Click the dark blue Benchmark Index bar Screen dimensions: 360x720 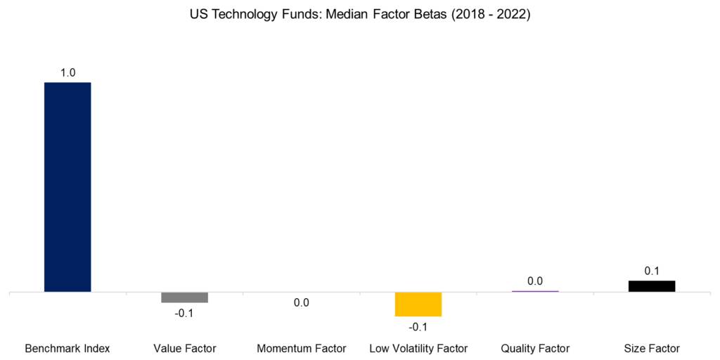coord(67,186)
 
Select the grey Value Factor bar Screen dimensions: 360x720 coord(184,297)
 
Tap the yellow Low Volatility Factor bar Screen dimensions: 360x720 coord(418,304)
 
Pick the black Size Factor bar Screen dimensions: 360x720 coord(651,285)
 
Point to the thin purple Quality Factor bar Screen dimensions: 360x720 coord(534,290)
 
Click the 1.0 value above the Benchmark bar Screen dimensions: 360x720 coord(67,72)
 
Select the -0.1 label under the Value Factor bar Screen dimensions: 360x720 coord(184,313)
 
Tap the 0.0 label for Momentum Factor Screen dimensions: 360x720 coord(301,303)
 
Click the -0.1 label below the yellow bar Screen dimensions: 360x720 coord(418,327)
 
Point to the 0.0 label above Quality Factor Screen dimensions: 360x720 coord(534,281)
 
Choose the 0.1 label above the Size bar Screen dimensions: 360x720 coord(652,271)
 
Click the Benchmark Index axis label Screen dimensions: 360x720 coord(67,348)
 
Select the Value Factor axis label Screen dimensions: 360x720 coord(184,348)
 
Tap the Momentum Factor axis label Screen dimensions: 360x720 coord(301,348)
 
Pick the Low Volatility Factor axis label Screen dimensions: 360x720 coord(418,348)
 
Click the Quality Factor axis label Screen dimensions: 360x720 coord(534,348)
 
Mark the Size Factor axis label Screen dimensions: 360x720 coord(652,348)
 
